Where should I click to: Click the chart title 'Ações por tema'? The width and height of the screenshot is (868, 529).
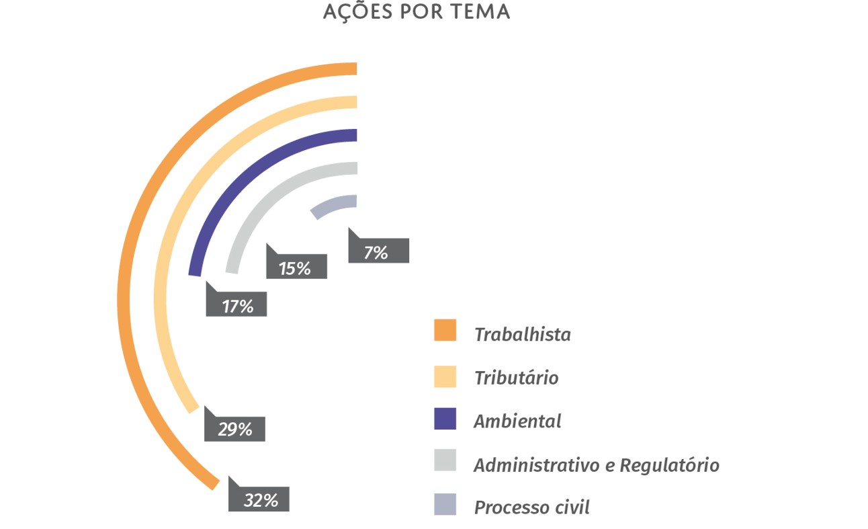pos(416,12)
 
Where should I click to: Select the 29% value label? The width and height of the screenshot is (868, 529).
pos(235,430)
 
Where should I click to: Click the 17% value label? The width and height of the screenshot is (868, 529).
pos(237,306)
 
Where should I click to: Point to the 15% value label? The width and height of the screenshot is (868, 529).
pos(296,268)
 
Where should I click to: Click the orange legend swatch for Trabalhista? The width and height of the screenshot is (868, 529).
pos(445,330)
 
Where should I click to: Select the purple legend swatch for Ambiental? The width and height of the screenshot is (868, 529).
pos(445,418)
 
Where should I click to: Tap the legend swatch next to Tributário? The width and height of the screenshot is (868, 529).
pos(445,376)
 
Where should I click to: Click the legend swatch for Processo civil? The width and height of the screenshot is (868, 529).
pos(445,504)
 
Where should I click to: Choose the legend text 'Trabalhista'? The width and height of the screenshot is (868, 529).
pos(522,334)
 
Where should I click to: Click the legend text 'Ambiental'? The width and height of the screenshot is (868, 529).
pos(517,421)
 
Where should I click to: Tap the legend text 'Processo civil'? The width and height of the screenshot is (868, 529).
pos(531,507)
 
